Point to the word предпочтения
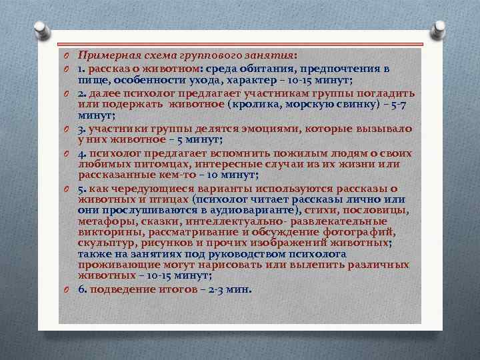[x=345, y=68]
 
